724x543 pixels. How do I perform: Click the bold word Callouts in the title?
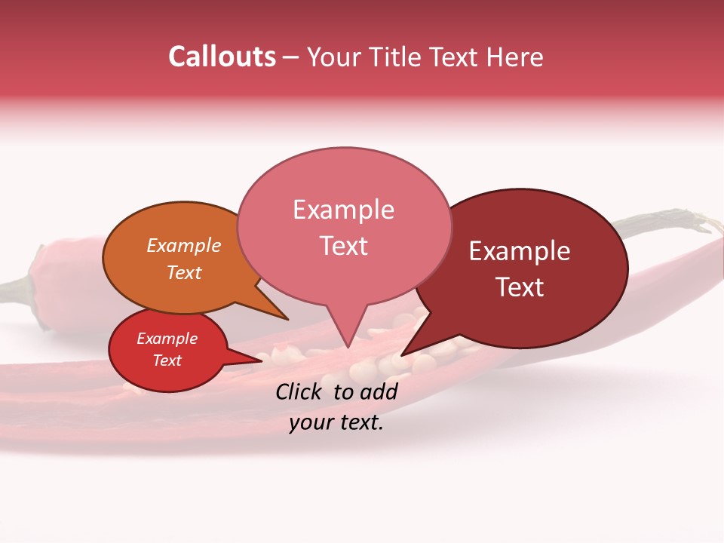coord(222,57)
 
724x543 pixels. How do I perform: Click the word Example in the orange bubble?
coord(184,246)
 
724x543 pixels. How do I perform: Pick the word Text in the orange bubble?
coord(184,272)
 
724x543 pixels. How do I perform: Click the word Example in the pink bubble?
coord(343,210)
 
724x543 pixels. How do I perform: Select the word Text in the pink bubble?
coord(343,246)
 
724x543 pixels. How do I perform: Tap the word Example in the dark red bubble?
coord(520,251)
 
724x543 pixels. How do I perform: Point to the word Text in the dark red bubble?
coord(520,287)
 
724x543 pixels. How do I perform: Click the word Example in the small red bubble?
coord(167,339)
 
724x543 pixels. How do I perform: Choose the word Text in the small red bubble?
coord(167,360)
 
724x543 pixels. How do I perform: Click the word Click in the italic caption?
coord(300,391)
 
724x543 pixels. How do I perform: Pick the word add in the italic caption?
coord(379,391)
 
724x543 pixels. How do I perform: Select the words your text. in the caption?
coord(336,422)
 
